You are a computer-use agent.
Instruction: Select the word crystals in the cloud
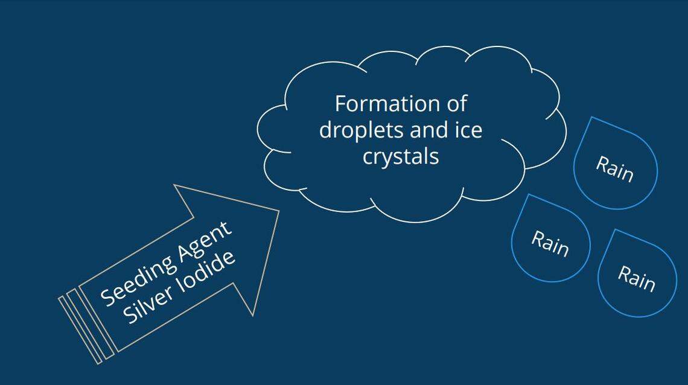pos(400,156)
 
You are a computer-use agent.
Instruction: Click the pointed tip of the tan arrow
pos(278,211)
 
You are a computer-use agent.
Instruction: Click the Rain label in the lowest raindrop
pos(636,278)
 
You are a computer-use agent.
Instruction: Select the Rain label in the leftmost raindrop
pos(550,243)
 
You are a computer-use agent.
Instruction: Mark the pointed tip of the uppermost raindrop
pos(592,118)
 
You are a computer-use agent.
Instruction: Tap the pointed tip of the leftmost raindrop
pos(529,195)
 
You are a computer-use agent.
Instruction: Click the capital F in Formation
pos(340,104)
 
